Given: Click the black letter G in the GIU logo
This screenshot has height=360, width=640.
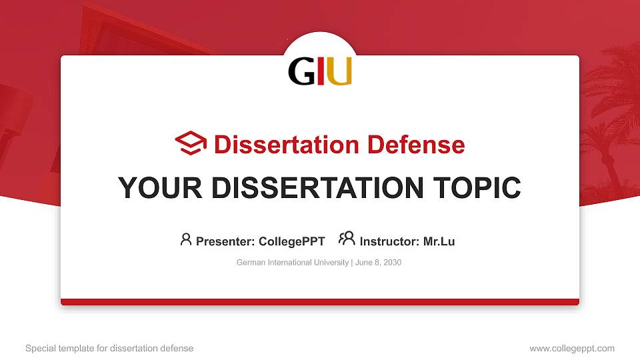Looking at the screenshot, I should click(x=301, y=72).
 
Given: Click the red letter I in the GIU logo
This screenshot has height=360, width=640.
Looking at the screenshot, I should click(x=321, y=72).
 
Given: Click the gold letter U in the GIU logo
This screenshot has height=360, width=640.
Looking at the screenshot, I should click(x=339, y=72).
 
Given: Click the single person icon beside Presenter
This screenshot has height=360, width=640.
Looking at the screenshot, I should click(x=186, y=239).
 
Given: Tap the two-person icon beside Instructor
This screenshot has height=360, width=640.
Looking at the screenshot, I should click(x=347, y=239).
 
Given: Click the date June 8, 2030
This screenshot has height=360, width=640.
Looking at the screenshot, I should click(x=379, y=263).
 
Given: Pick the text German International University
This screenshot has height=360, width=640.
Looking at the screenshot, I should click(x=293, y=263).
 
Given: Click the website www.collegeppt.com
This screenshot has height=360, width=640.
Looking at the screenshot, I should click(x=571, y=348).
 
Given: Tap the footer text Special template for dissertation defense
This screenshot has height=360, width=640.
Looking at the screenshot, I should click(x=109, y=348).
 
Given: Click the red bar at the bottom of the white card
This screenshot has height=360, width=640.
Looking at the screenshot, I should click(x=320, y=302).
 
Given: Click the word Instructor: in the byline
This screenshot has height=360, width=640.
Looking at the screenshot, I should click(x=389, y=241).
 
